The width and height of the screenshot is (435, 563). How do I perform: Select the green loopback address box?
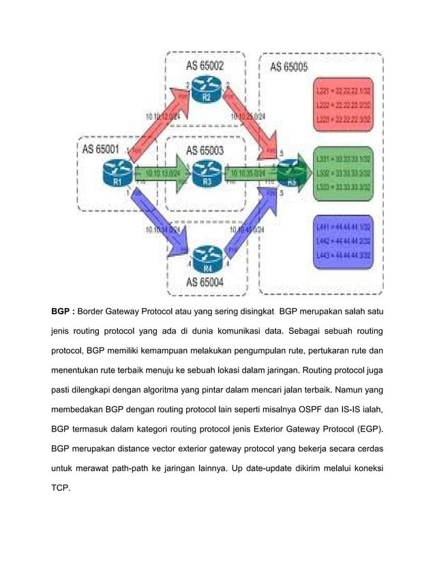click(x=346, y=173)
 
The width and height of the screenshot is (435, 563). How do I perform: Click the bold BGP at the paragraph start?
click(x=63, y=312)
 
